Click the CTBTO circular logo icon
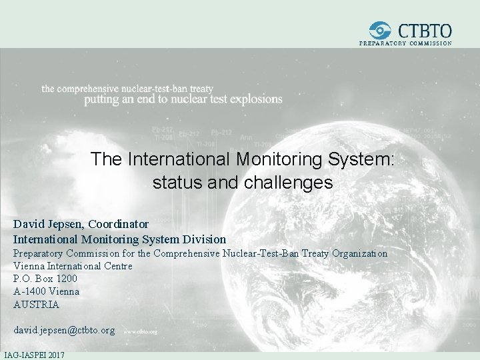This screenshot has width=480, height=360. coord(381,30)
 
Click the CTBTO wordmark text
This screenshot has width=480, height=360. coord(424,30)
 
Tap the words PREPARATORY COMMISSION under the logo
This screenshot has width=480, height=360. coord(405,43)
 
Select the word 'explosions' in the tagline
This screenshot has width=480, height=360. coord(257,99)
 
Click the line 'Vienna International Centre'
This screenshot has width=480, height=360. coord(73,266)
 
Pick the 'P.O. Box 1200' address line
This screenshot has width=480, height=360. coord(45,279)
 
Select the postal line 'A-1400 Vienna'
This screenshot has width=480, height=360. coord(46,291)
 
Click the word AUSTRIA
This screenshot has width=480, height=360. coord(36,305)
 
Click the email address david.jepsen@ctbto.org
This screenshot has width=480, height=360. coord(64,330)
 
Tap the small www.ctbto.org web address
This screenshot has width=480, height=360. coord(140,331)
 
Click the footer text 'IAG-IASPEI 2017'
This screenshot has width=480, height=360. coord(34,355)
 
